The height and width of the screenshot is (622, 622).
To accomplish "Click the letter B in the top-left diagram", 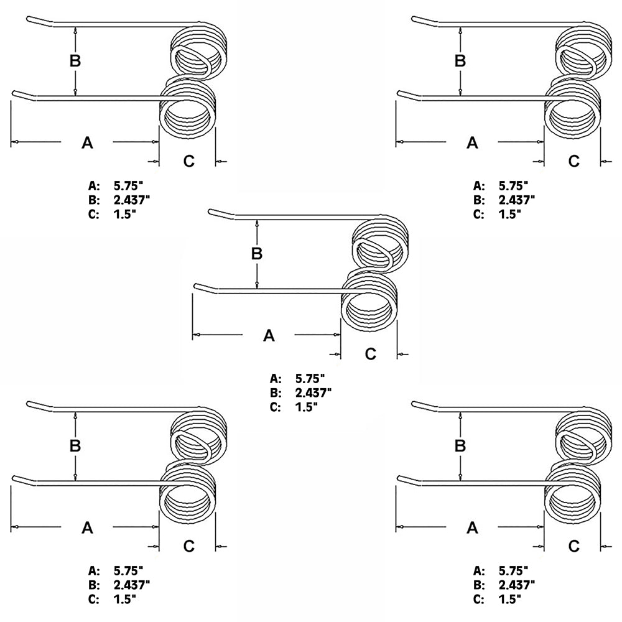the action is tap(75, 61).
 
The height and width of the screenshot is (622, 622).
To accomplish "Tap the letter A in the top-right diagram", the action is tap(472, 142).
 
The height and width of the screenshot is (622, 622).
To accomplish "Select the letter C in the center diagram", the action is tap(371, 353).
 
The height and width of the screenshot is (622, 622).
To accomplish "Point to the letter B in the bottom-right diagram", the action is tap(460, 445).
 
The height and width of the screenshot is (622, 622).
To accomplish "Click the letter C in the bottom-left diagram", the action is tap(189, 546).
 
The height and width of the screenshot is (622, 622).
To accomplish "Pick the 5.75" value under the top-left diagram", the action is tap(128, 185).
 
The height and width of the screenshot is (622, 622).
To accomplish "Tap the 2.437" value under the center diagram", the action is tap(313, 392).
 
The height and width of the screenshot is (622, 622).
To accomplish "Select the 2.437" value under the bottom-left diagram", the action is tap(132, 585).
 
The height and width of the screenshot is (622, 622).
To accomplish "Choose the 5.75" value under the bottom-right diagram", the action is tap(513, 570).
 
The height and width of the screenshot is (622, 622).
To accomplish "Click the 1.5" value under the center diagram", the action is tap(306, 407).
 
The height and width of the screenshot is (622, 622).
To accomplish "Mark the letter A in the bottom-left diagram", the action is tap(87, 528).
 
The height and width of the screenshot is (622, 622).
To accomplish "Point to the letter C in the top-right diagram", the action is tap(573, 161).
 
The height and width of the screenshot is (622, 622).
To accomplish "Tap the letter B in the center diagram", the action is tap(257, 254).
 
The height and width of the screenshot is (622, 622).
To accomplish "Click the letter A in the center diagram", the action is tap(269, 336).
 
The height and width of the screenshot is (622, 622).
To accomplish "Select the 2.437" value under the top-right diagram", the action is tap(517, 200).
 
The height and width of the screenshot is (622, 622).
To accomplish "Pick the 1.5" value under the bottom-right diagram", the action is tap(510, 599).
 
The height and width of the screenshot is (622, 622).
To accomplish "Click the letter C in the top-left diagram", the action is tap(189, 161).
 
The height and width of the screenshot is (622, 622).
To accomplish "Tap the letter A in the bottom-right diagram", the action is tap(472, 528).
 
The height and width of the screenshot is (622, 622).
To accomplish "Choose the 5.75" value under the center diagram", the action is tap(310, 378).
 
